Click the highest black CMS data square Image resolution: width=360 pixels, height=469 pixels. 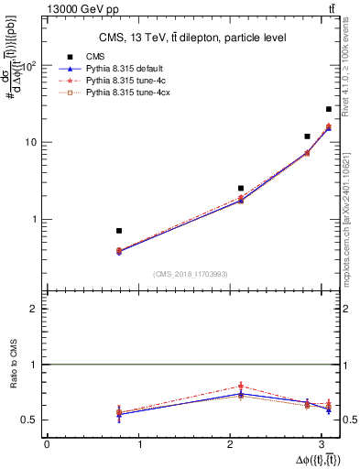click(329, 109)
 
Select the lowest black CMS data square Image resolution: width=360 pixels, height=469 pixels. click(119, 231)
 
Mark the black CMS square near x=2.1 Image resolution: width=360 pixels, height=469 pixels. click(241, 188)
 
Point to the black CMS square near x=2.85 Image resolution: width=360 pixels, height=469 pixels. click(307, 136)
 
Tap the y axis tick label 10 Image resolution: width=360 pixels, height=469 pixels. click(30, 143)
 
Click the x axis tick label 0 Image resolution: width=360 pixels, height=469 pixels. click(46, 444)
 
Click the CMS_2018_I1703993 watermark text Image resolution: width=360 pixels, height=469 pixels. click(190, 274)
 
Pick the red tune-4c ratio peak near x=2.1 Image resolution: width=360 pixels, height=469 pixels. click(241, 386)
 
